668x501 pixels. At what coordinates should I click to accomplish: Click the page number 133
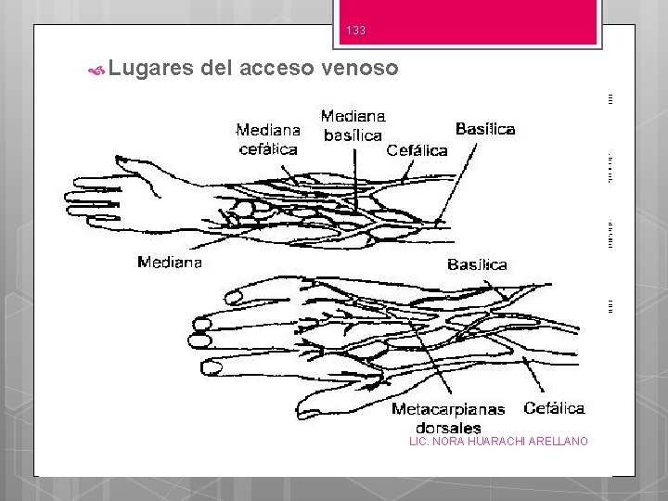coord(355,31)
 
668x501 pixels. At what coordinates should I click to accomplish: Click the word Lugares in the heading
coord(149,68)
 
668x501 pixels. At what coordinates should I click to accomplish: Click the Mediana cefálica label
coord(267,139)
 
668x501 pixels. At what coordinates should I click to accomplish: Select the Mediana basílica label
coord(353,126)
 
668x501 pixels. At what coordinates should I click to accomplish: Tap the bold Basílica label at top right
coord(485,129)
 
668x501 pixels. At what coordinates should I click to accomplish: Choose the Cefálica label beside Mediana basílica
coord(417,149)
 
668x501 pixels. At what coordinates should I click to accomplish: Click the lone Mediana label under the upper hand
coord(169,263)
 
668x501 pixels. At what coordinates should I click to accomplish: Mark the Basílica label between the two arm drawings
coord(477,264)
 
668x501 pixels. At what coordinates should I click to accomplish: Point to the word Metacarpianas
coord(448,409)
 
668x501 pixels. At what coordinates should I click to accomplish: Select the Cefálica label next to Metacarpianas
coord(554,408)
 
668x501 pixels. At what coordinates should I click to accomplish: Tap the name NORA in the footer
coord(447,441)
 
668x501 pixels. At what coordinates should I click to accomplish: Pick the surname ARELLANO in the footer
coord(558,441)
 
